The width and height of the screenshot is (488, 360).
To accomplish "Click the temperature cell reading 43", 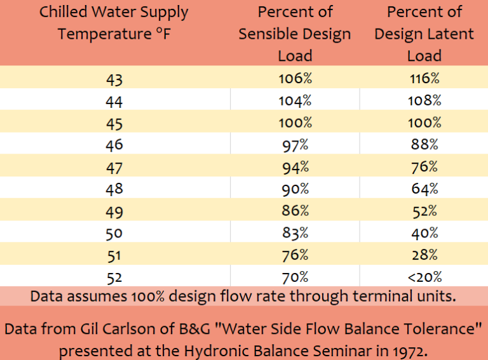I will pos(114,80).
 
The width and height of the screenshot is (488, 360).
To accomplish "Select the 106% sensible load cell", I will pos(295,79).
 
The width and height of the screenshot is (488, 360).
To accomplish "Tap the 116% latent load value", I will pos(424,79).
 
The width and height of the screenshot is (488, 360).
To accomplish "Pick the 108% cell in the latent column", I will pos(424,101).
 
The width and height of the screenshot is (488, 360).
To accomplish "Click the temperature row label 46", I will pos(114,145).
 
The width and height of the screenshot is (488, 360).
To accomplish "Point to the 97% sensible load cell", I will pos(295,145).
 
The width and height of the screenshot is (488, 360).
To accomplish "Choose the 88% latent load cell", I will pos(424,145).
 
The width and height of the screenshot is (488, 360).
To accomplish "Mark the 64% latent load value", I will pos(424,189).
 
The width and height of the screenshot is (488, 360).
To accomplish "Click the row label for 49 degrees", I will pos(114,211).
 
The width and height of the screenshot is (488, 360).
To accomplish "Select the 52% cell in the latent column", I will pos(424,211).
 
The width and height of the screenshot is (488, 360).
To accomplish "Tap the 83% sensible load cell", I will pos(295,232).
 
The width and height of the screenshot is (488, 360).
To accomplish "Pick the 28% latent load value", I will pos(424,255).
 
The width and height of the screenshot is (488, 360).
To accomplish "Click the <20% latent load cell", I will pos(424,276).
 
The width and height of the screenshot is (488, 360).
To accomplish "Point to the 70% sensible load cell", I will pos(295,276).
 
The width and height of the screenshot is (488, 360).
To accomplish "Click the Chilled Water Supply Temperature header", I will pos(114,22).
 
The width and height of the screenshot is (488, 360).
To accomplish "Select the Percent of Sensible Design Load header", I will pos(295,34).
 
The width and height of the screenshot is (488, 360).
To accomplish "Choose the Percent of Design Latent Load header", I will pos(424,34).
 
